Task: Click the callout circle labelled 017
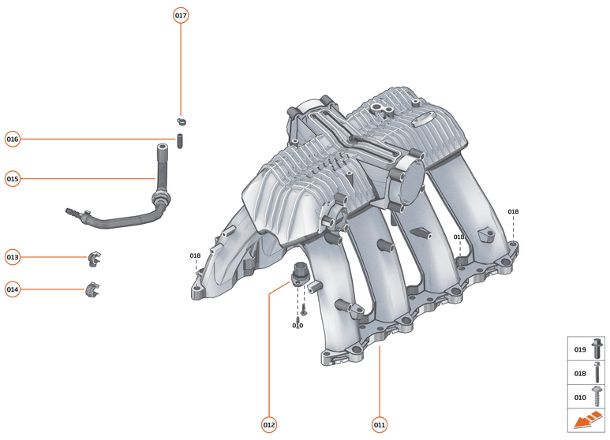point(181,16)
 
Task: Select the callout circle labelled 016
point(13,140)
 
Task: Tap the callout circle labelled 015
point(13,179)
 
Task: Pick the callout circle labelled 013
point(13,257)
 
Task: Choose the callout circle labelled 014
point(13,289)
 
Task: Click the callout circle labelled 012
point(269,425)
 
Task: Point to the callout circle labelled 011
point(380,425)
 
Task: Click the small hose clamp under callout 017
point(181,121)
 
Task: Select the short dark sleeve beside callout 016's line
point(179,143)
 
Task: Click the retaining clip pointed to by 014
point(93,289)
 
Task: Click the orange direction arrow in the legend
point(585,422)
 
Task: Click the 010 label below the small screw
point(298,326)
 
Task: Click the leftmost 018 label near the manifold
point(195,255)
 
